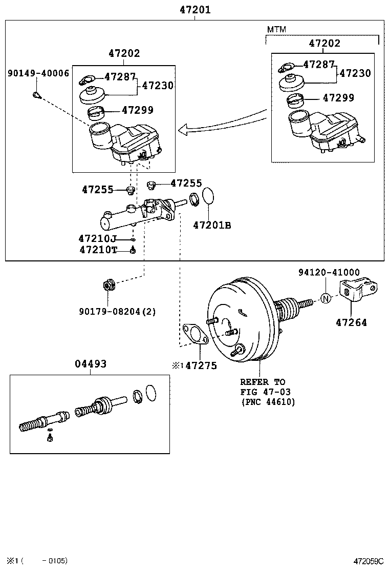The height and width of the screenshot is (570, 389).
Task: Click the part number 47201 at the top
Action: tap(195, 10)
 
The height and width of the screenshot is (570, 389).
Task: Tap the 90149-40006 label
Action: tap(38, 73)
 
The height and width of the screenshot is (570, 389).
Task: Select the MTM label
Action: tap(276, 30)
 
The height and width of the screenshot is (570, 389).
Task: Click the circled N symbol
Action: tap(326, 298)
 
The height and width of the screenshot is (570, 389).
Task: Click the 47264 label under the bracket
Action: tap(351, 323)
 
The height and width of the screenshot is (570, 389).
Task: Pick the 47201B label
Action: tap(212, 225)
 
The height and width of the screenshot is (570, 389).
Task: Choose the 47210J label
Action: tap(98, 238)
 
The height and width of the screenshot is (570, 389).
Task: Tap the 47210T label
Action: tap(98, 250)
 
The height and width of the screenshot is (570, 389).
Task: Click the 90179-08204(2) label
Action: tap(117, 311)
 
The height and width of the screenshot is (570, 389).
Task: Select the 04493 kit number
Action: tap(91, 364)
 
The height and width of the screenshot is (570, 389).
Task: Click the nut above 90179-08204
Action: tap(108, 283)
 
